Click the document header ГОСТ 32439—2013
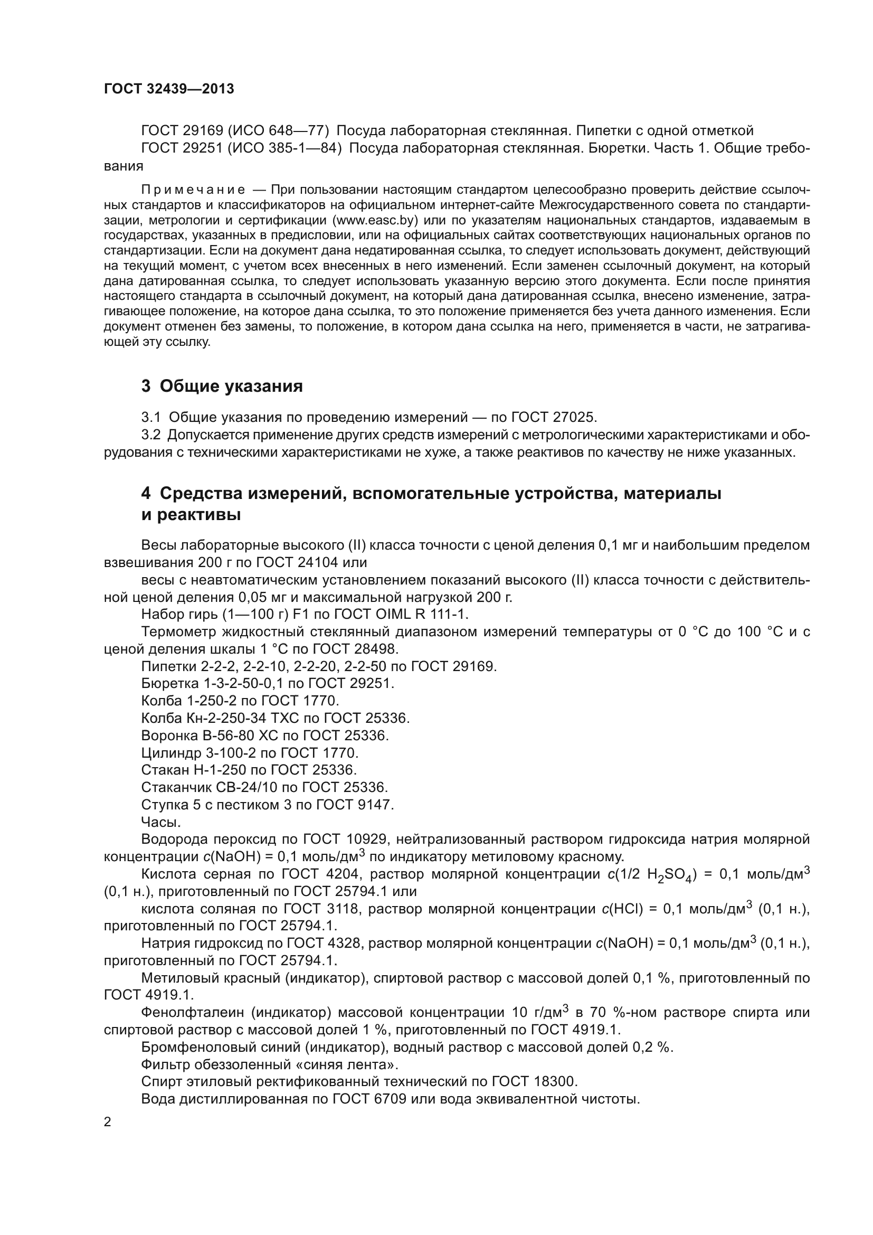coord(169,89)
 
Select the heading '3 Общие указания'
coord(222,386)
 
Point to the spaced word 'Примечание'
coord(193,190)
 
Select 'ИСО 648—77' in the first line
coord(279,131)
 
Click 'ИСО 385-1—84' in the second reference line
coord(285,148)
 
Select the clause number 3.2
coord(150,435)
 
